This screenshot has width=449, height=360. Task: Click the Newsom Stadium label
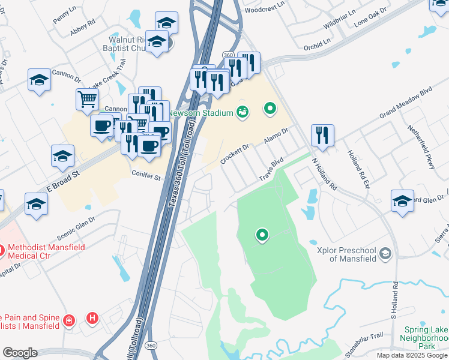[x=201, y=112]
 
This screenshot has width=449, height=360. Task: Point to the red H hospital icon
[x=92, y=318]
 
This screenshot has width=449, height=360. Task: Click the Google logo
[x=20, y=353]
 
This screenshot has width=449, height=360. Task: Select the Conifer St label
[x=146, y=177]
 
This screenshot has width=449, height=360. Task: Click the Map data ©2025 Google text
[x=412, y=355]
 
